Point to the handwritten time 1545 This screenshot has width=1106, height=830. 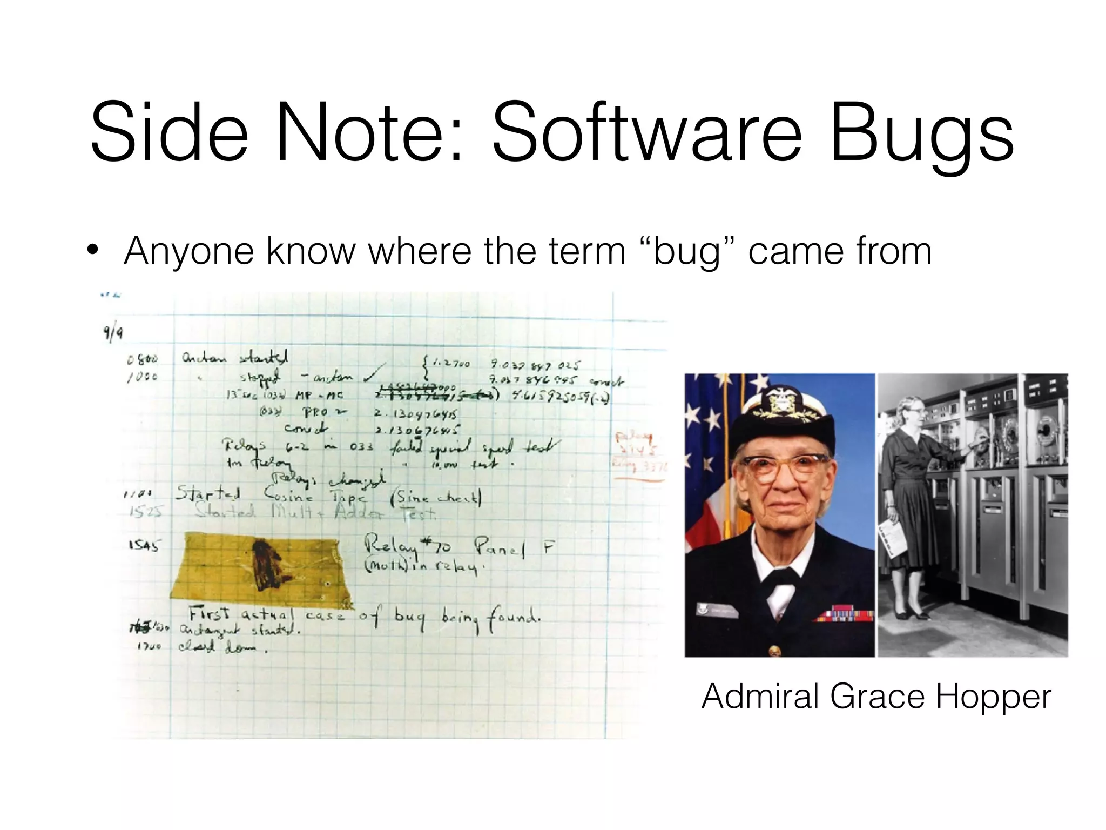coord(144,546)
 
